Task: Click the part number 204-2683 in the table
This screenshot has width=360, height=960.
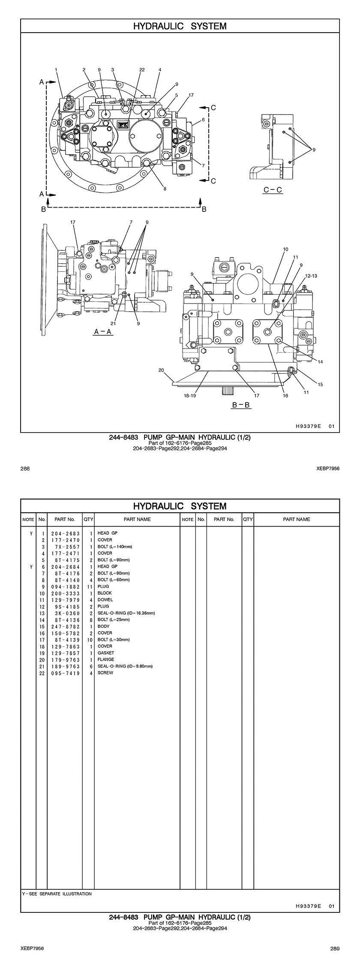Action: [65, 533]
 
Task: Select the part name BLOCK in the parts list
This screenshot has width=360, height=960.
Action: [105, 593]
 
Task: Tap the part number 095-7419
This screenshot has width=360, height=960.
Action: [65, 673]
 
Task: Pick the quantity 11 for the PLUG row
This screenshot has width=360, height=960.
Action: [90, 587]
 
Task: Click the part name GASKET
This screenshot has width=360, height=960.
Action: [106, 653]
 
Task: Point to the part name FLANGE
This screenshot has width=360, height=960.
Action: [106, 659]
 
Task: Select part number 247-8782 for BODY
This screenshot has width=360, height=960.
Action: [65, 626]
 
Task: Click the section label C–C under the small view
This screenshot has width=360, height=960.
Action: [273, 190]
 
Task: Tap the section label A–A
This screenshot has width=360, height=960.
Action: [103, 332]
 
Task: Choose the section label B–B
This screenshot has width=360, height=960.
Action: [241, 405]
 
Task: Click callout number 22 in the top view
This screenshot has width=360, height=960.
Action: [142, 69]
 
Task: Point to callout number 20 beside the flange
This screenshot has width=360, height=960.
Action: [161, 370]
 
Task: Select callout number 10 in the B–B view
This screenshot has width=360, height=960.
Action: [285, 249]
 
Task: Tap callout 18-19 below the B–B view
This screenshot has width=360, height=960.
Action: [190, 396]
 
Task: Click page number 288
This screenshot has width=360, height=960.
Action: [25, 469]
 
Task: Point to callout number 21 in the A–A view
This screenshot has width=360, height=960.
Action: [113, 324]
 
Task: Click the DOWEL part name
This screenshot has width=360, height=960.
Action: [105, 600]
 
